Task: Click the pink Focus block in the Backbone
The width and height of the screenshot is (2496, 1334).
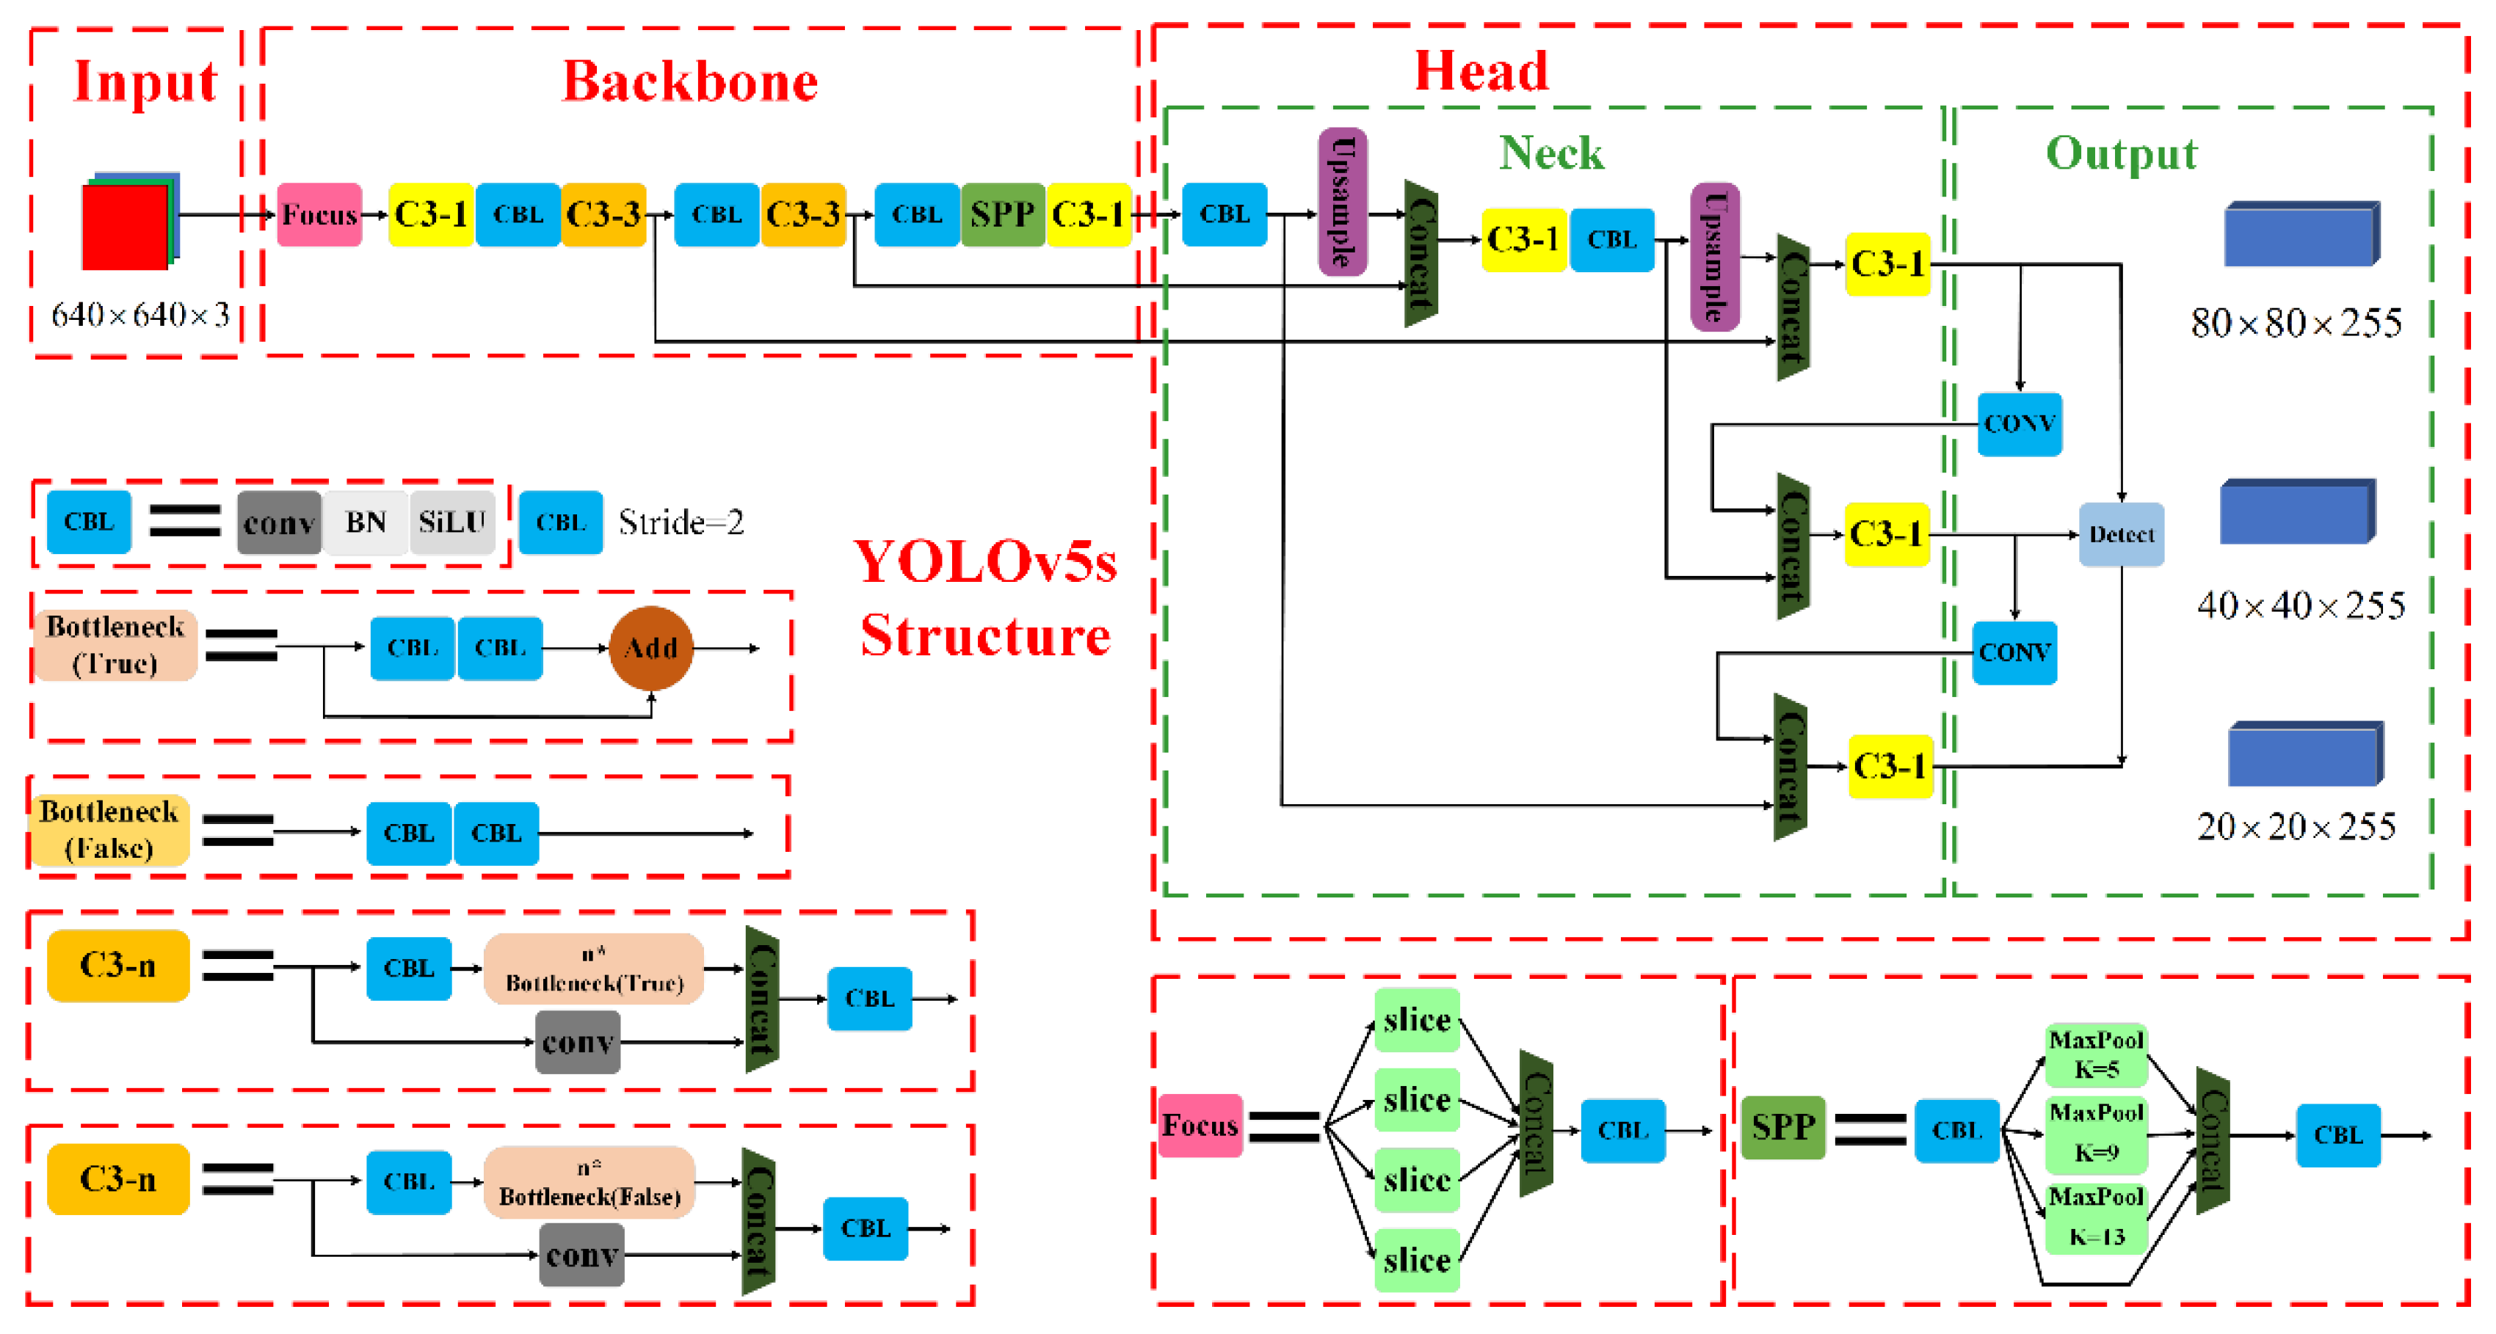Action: [x=319, y=214]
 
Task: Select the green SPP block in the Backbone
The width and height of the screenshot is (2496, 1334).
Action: [x=1002, y=214]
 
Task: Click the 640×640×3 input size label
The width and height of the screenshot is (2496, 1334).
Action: [x=139, y=315]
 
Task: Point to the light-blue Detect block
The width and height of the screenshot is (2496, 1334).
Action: [x=2120, y=533]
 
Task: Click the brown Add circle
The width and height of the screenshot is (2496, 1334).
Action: [x=650, y=647]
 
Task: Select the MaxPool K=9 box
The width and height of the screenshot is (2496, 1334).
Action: [x=2096, y=1132]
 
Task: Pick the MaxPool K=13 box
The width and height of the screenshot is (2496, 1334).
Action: [x=2096, y=1217]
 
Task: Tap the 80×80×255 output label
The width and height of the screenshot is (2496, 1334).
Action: [x=2296, y=324]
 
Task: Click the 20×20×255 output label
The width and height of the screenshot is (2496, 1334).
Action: [x=2296, y=826]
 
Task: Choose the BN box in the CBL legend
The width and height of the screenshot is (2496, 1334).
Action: [x=366, y=522]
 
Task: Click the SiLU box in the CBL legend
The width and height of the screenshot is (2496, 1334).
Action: [x=451, y=522]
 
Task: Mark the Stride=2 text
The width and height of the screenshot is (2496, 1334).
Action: [x=681, y=523]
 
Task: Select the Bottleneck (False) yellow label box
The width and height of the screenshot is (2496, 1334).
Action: [x=109, y=830]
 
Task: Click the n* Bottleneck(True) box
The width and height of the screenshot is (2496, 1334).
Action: [x=593, y=969]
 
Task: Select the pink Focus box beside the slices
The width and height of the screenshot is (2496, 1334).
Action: [x=1200, y=1125]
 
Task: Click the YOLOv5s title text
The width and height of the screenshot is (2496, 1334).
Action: [x=984, y=562]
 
